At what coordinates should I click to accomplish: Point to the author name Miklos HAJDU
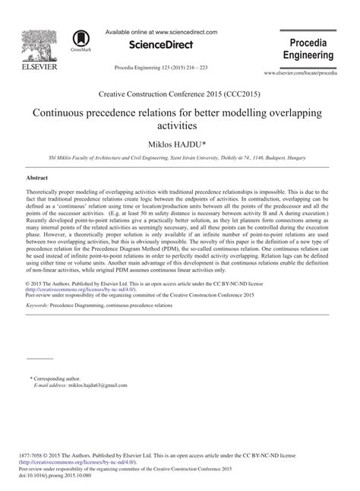click(180, 143)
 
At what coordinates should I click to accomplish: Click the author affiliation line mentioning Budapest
click(179, 157)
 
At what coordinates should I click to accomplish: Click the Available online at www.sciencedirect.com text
click(161, 32)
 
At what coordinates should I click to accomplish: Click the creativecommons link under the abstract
click(81, 289)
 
